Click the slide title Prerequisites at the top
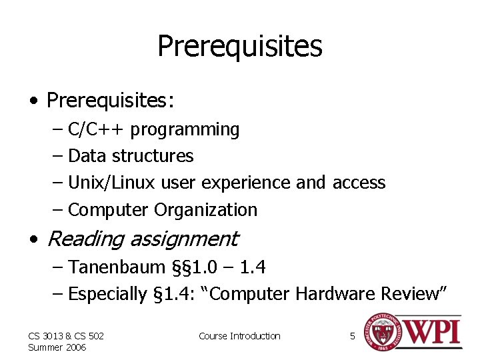[239, 47]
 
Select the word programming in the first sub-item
[185, 129]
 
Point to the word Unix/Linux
[111, 183]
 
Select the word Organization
[205, 210]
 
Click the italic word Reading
[87, 239]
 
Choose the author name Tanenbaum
[117, 267]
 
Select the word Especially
[107, 294]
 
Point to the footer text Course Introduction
[239, 336]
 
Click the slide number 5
[353, 336]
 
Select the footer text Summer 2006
[57, 347]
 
